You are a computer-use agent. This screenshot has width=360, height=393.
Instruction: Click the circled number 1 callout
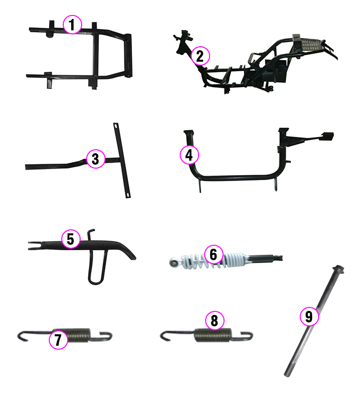pos(72,24)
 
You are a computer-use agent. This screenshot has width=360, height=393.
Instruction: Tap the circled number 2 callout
pos(200,56)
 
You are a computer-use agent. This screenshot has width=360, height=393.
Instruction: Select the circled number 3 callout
pos(96,159)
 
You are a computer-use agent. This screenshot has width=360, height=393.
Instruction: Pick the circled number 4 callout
pos(189,155)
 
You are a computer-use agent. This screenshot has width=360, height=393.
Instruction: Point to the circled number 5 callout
pos(71,239)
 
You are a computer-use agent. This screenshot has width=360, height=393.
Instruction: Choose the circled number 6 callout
pos(214,254)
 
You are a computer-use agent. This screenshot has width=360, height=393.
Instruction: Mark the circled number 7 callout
pos(58,340)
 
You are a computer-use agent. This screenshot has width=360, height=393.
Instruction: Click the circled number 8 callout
pos(215,320)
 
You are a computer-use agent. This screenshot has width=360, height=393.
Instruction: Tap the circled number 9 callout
pos(309,316)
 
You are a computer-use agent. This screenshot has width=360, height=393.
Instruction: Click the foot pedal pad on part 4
pos(327,136)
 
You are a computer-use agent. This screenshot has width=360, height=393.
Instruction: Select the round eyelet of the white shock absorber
pos(173,263)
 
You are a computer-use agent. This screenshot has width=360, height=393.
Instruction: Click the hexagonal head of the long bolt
pos(339,269)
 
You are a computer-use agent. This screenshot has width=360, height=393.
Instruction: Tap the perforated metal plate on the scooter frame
pos(311,44)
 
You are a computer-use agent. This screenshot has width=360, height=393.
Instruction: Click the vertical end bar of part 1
pos(128,55)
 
